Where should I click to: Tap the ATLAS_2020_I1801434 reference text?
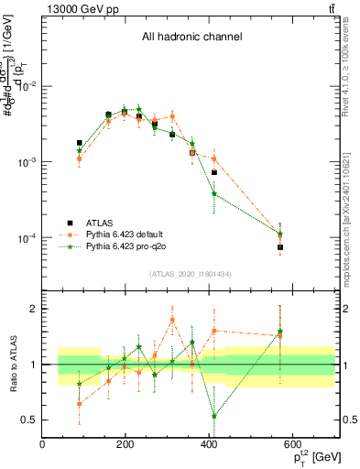point(191,274)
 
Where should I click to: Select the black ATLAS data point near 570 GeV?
point(280,247)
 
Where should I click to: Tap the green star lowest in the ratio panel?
point(213,416)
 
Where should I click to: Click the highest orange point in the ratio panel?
point(172,320)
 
